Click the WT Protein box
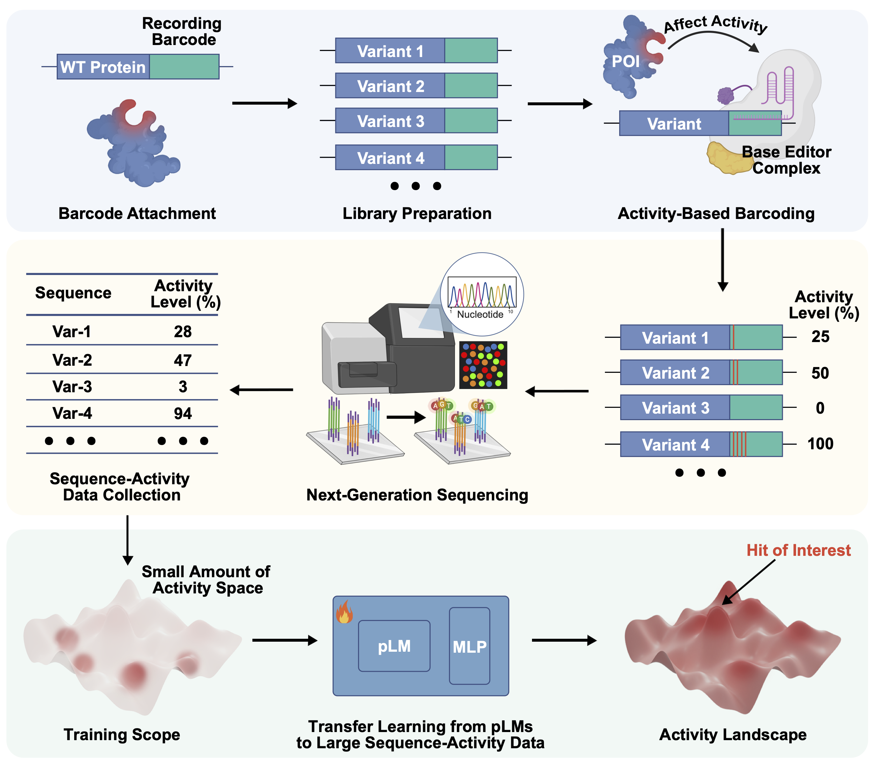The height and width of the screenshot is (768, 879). [x=103, y=67]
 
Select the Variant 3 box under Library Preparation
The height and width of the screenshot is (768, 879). [x=390, y=121]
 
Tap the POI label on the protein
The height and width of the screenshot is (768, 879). [x=625, y=61]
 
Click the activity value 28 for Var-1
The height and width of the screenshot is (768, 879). [x=182, y=332]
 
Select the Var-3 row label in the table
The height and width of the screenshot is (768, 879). [x=72, y=386]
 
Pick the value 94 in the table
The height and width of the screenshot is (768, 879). [x=182, y=414]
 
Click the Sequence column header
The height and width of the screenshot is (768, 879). [x=73, y=293]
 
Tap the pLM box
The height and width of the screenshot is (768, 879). [x=394, y=646]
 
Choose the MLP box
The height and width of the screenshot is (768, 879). [x=469, y=646]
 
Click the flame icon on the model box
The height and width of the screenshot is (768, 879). [x=344, y=612]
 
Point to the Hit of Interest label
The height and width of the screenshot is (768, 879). [x=798, y=550]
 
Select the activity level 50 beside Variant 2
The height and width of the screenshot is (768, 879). [x=820, y=373]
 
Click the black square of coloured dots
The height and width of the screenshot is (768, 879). [x=483, y=365]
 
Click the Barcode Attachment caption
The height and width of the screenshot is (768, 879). [x=137, y=213]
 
